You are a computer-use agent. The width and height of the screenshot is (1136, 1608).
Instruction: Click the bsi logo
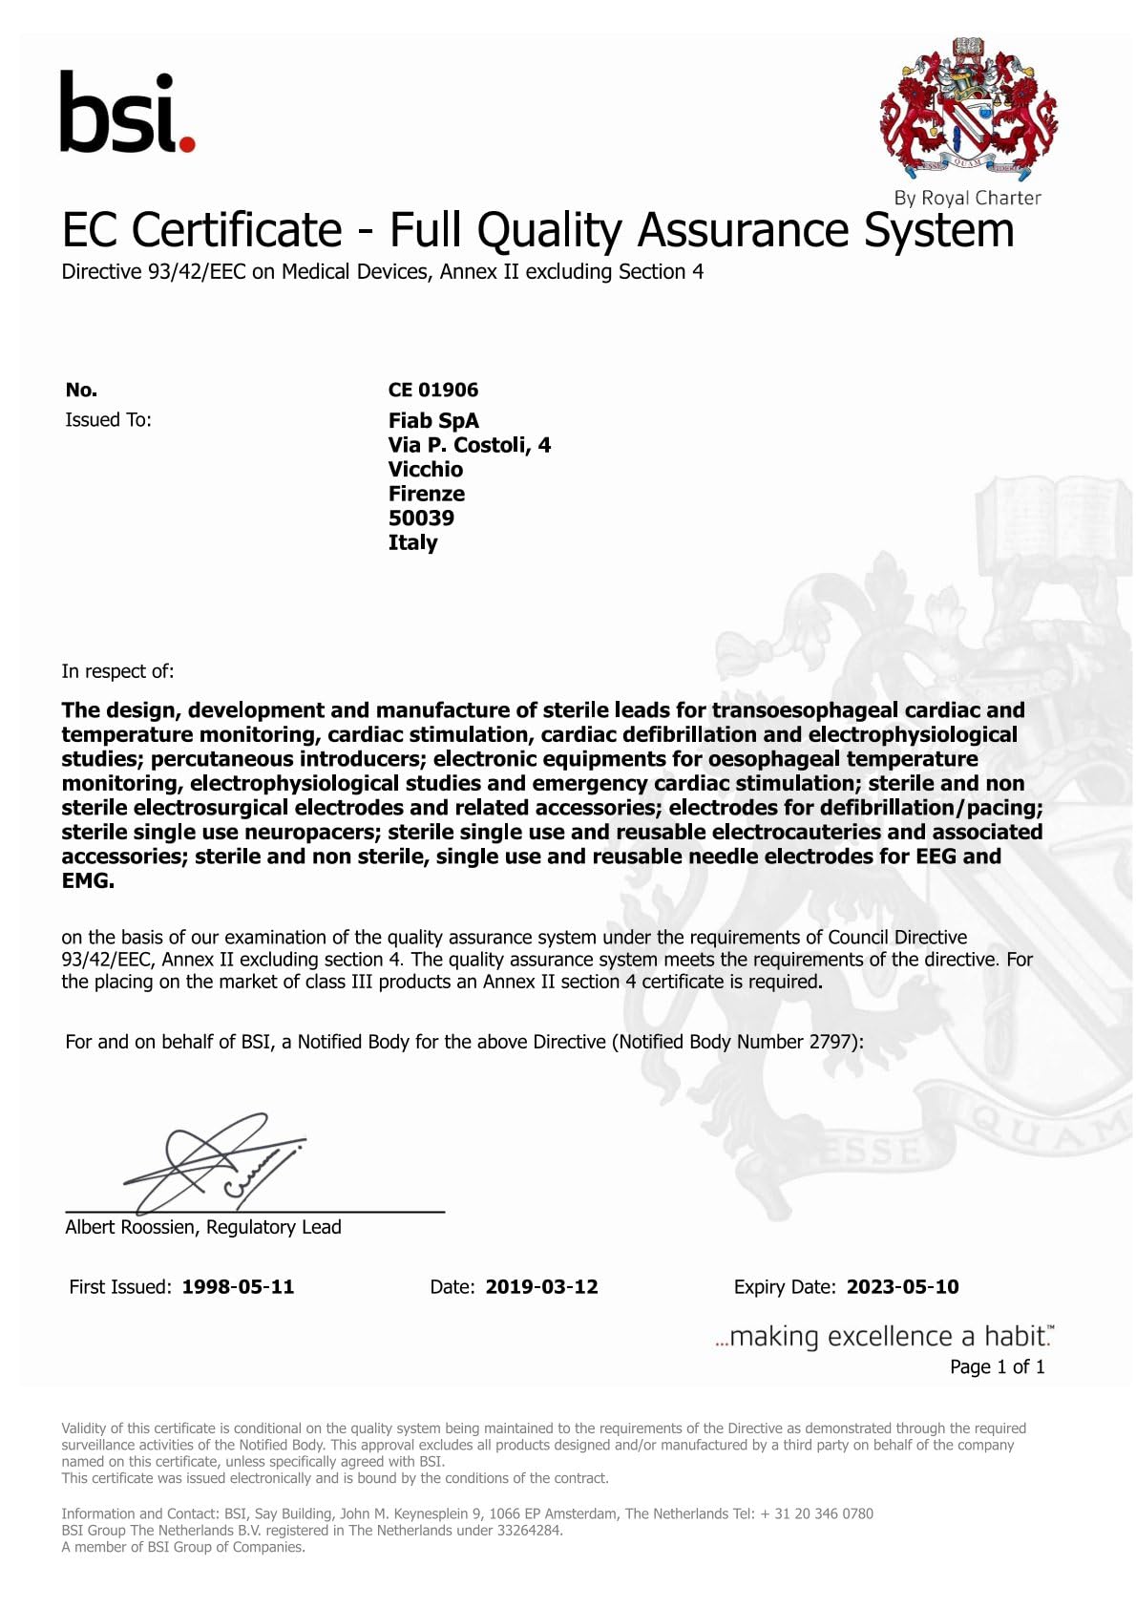coord(127,113)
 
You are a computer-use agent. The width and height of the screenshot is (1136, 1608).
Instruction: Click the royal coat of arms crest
coord(968,111)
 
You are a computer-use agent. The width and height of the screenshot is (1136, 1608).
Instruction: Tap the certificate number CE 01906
coord(432,390)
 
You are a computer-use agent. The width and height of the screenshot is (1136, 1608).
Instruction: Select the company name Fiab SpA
coord(433,421)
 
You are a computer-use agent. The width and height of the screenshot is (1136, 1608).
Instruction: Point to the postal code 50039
coord(421,518)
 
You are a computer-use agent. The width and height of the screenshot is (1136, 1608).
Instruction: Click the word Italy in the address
coord(412,542)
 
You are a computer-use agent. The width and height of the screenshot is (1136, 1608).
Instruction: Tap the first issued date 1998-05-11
coord(238,1287)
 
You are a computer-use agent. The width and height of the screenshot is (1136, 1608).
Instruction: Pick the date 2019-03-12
coord(541,1287)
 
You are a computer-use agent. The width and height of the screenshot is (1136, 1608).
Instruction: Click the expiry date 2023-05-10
coord(902,1287)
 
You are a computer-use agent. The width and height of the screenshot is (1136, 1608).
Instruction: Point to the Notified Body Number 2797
coord(830,1042)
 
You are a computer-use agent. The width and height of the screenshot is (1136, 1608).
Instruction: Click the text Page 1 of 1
coord(997,1367)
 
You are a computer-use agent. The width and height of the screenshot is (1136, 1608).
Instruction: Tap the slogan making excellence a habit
coord(885,1336)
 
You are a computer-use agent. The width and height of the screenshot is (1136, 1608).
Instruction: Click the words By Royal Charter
coord(967,199)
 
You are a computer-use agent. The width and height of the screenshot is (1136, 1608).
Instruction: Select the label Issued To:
coord(108,420)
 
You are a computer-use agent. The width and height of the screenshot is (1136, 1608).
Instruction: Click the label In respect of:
coord(117,671)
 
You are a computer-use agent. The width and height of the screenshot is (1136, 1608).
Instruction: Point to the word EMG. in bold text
coord(88,881)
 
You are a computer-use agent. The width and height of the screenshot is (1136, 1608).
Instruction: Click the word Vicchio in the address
coord(425,470)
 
